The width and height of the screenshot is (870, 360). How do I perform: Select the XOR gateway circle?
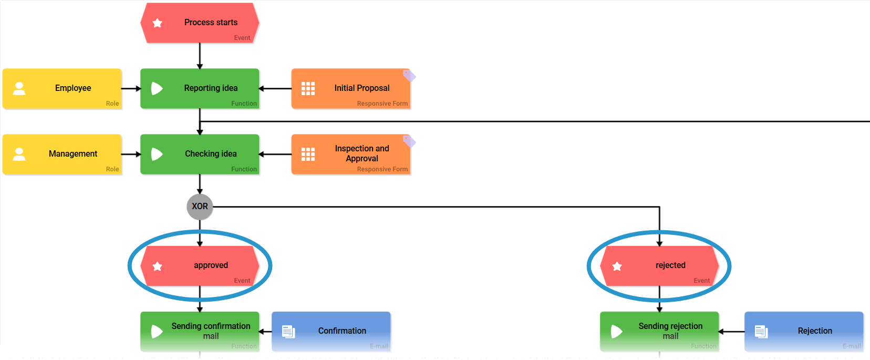pos(200,207)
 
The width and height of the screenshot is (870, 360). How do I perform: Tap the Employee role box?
pos(62,88)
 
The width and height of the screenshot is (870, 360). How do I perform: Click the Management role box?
pos(62,154)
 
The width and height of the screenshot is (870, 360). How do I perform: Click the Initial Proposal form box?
pos(350,88)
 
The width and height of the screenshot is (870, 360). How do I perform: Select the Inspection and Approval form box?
pos(350,154)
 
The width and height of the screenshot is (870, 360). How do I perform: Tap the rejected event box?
pos(659,266)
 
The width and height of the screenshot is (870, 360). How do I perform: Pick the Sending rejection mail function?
pos(659,331)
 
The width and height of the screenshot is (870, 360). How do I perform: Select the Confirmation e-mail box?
pos(331,331)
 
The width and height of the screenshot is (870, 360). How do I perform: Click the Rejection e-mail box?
pos(804,331)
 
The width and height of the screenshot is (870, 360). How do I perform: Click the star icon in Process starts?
pos(157,23)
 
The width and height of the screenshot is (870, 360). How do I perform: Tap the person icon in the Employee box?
pos(19,88)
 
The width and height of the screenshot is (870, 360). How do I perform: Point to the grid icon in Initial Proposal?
pos(308,88)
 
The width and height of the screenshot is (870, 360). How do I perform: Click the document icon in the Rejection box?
pos(761,331)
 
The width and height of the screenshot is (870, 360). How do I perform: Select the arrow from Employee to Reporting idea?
pos(131,88)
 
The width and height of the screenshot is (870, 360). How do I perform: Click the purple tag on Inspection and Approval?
pos(409,141)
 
